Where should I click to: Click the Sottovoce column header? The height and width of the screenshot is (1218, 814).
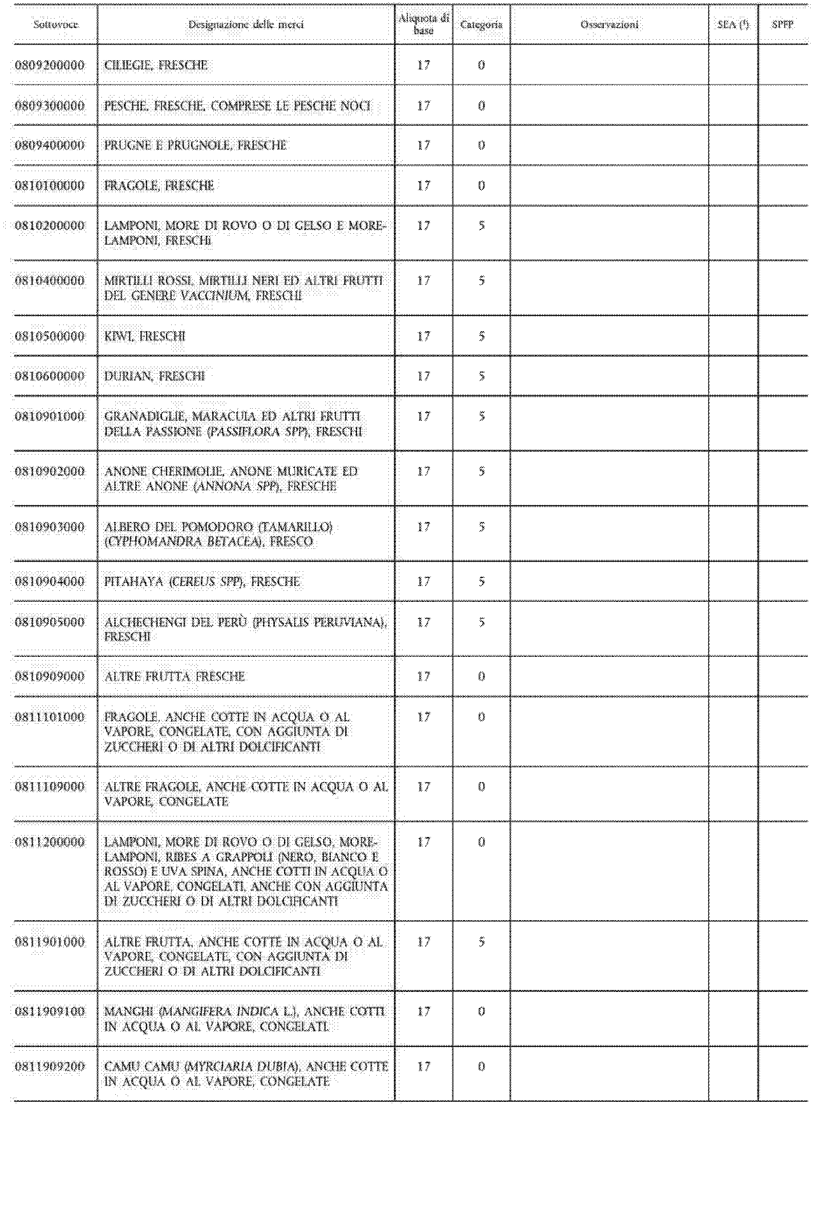(x=55, y=24)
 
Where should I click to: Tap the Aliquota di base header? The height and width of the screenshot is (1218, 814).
(x=424, y=24)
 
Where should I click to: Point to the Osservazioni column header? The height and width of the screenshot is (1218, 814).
(x=609, y=24)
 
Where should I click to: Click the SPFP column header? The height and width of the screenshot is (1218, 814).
(x=782, y=24)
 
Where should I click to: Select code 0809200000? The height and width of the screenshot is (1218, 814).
(x=50, y=65)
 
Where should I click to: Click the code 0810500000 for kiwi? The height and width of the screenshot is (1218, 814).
(x=50, y=337)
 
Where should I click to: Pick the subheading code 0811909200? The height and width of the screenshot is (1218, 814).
(x=50, y=1066)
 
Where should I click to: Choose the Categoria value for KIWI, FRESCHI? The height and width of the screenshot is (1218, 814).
(x=481, y=337)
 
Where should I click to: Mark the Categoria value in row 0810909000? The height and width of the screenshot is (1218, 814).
(x=481, y=676)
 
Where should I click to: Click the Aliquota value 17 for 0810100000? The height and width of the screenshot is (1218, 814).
(x=424, y=185)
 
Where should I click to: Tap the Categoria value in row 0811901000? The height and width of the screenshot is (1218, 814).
(x=481, y=942)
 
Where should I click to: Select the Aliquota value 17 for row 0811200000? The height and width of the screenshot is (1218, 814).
(x=424, y=842)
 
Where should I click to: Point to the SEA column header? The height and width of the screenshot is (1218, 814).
(x=733, y=24)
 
